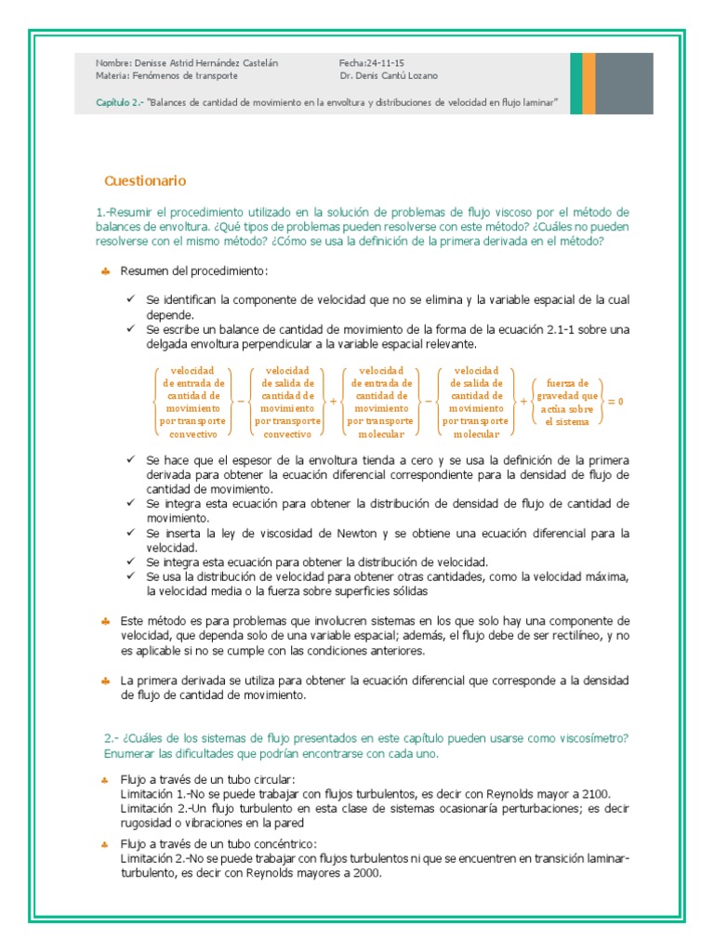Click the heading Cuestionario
[x=145, y=180]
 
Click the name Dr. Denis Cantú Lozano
[x=389, y=75]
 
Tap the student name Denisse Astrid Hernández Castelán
[x=206, y=62]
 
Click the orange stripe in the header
[x=589, y=83]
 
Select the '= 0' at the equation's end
[x=615, y=401]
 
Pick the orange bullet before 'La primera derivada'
[x=106, y=681]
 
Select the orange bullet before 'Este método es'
[x=106, y=620]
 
